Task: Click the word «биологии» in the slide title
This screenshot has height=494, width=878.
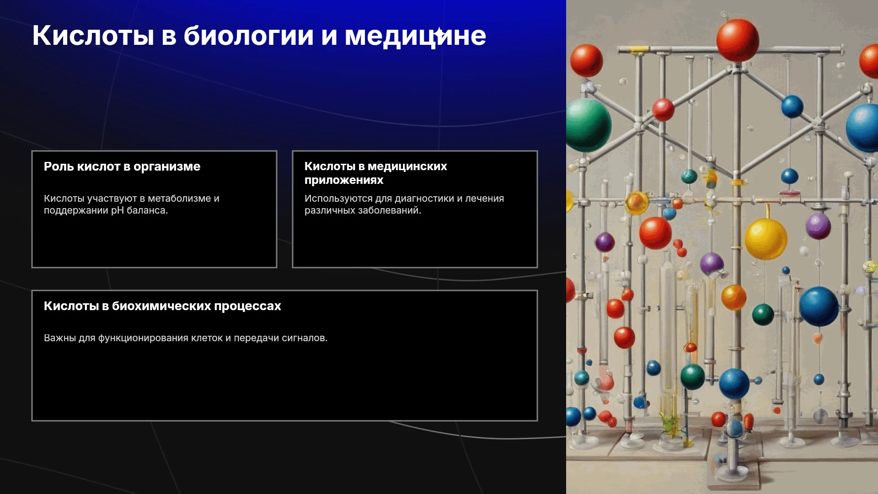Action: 248,36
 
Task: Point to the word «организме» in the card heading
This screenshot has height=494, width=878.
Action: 167,167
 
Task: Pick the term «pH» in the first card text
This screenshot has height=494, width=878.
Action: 118,210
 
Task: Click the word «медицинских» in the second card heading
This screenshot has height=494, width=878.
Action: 407,166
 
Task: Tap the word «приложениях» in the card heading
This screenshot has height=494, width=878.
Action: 344,180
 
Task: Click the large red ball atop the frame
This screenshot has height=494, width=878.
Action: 738,40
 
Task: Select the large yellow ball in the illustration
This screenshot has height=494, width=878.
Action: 766,239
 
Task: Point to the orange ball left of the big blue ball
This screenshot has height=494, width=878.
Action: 733,297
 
